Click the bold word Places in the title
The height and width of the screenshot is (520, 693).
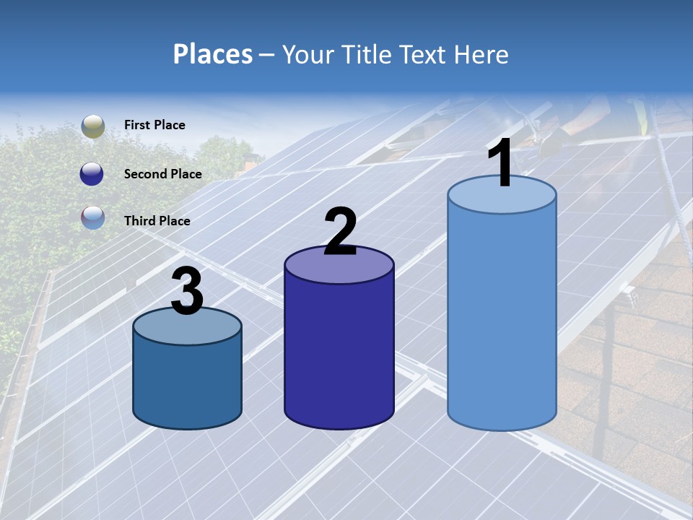[213, 54]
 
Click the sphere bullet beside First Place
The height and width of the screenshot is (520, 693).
[92, 126]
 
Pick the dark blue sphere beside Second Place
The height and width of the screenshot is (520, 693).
[92, 174]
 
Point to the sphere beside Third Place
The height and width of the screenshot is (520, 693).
[92, 217]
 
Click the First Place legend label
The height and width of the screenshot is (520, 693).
[154, 125]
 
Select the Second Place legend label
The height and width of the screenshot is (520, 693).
[162, 174]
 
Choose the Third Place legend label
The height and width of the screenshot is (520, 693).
[157, 221]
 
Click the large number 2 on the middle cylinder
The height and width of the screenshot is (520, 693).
[340, 232]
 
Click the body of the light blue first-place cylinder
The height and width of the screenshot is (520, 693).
[502, 318]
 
